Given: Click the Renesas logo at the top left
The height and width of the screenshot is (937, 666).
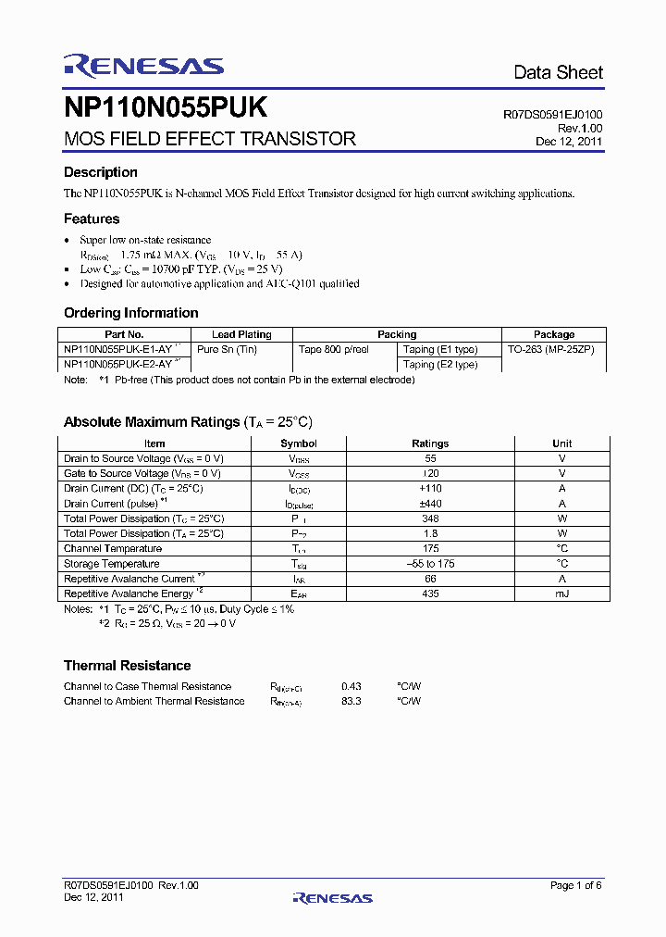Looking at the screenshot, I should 143,65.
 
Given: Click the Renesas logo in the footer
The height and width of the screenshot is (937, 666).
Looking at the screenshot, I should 332,897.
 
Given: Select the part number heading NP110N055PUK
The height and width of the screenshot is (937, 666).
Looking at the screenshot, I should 166,108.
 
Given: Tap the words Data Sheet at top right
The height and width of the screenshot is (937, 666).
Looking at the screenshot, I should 558,72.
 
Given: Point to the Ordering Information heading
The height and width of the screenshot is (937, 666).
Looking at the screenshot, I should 130,313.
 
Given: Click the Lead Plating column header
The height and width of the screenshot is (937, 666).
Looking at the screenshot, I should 241,334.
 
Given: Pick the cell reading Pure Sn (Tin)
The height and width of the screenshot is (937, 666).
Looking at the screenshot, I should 228,349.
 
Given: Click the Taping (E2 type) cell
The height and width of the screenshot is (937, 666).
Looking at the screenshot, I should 440,364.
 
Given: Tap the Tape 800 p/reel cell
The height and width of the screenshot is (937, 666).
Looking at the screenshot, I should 334,349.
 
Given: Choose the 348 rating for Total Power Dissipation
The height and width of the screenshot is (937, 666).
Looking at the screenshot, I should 430,518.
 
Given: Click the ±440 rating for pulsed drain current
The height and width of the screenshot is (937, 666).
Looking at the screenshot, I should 430,504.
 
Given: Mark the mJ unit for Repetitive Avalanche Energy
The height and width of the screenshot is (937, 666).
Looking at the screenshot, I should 561,593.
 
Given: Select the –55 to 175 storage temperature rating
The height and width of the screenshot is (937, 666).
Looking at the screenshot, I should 430,564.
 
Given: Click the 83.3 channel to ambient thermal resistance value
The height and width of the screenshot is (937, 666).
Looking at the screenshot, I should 351,701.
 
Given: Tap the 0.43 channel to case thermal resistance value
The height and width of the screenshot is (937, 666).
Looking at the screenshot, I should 351,686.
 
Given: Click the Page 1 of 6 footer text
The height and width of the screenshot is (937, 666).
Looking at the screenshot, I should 575,885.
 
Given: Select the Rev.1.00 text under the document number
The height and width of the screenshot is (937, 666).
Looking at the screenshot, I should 580,128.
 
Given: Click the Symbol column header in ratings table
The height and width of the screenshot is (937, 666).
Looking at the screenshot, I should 299,444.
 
